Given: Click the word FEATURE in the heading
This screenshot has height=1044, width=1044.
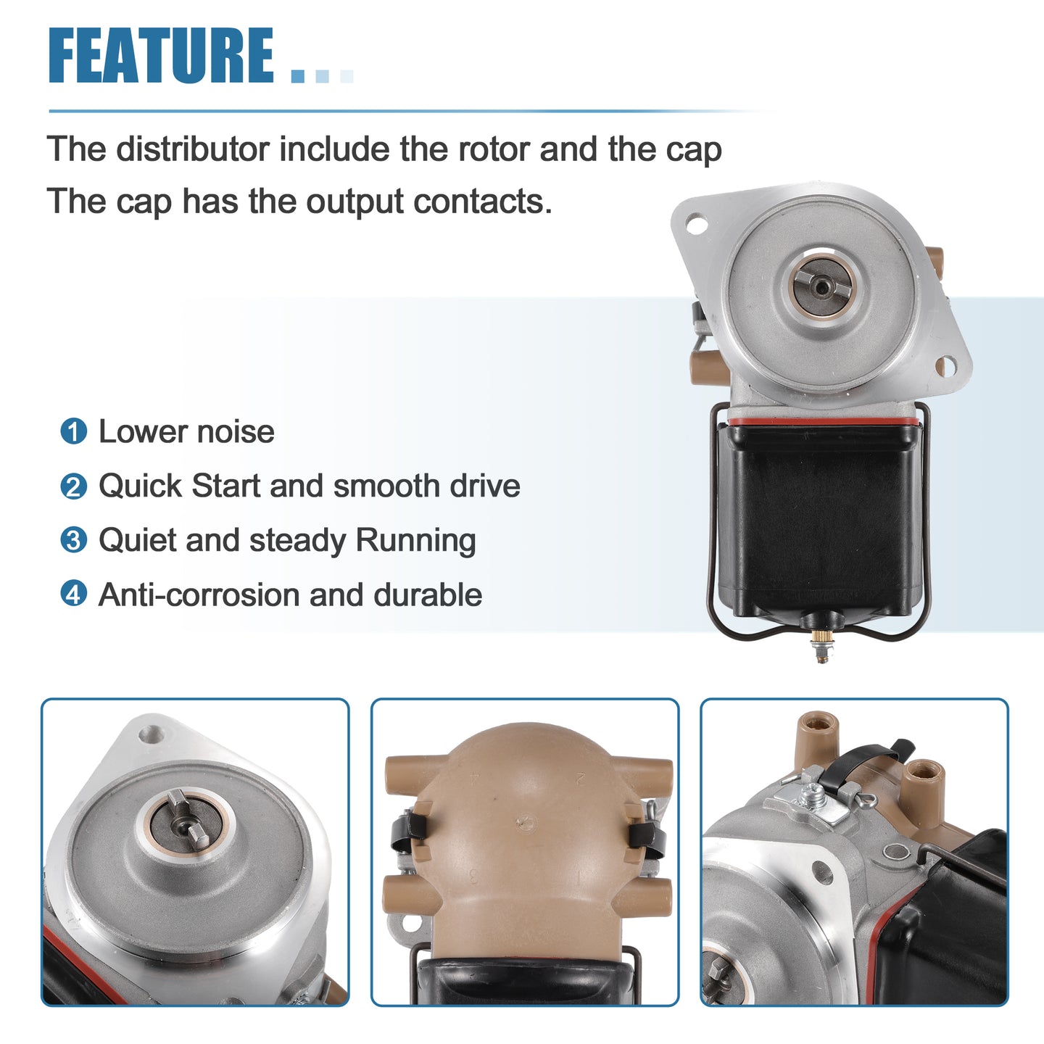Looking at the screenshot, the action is tap(162, 55).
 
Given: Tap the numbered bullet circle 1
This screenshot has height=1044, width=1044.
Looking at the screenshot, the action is tap(74, 432).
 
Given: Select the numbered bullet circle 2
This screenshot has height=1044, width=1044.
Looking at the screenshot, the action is tap(74, 486).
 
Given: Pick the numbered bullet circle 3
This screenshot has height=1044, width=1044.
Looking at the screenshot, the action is tap(74, 540).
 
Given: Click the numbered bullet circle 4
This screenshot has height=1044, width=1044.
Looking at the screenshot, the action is tap(74, 594).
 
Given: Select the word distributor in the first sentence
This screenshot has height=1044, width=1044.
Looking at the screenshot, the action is tap(193, 149).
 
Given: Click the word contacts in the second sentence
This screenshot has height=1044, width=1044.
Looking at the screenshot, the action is tap(483, 202).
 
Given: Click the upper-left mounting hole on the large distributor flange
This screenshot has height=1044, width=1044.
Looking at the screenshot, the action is tap(697, 224).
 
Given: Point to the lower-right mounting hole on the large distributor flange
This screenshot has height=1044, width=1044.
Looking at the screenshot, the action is tap(945, 366).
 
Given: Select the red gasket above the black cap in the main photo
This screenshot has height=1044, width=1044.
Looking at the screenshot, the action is tap(824, 421).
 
